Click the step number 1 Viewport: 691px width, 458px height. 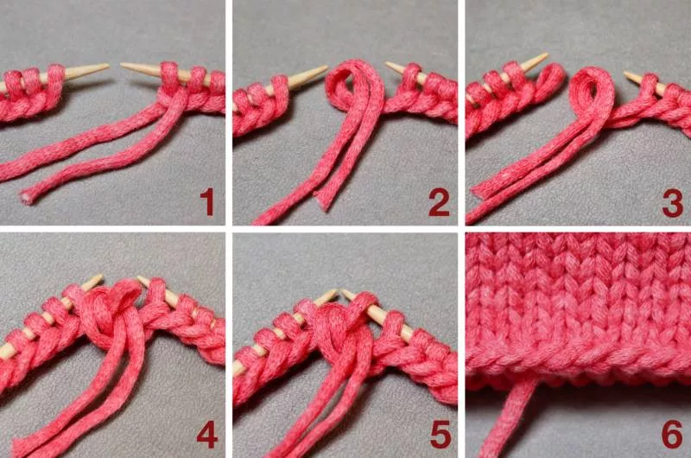(207, 202)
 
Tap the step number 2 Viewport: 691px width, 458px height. (439, 202)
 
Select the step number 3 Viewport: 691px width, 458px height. (673, 202)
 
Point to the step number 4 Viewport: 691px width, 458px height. (207, 434)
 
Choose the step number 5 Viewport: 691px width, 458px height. (440, 434)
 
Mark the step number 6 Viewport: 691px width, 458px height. (673, 434)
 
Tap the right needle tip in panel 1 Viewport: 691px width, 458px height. (122, 65)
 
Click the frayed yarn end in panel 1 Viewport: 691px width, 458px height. (26, 199)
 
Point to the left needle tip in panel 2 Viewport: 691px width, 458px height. (326, 68)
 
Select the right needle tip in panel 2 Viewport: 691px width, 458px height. (387, 64)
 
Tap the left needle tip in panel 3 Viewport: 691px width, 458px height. (547, 55)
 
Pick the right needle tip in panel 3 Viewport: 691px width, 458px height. (625, 73)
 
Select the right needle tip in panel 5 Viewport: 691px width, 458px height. (343, 291)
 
